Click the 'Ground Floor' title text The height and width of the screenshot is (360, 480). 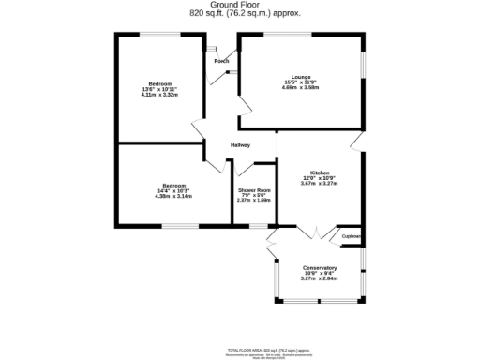click(x=239, y=5)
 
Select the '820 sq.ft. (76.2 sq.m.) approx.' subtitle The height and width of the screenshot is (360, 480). click(x=239, y=13)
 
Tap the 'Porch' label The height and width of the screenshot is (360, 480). click(x=221, y=61)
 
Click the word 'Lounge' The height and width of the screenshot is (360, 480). click(x=301, y=78)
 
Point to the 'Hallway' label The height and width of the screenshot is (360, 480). click(x=241, y=144)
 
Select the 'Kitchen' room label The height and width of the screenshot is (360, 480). click(x=320, y=172)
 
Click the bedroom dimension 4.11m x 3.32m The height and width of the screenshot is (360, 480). click(x=159, y=95)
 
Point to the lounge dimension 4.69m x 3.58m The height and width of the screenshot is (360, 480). click(x=301, y=89)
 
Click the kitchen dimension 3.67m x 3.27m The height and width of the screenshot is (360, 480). click(x=320, y=184)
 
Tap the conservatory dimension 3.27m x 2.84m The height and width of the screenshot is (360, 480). click(x=320, y=278)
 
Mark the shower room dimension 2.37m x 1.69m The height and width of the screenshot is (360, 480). click(x=253, y=201)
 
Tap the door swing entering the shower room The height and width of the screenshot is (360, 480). click(x=247, y=170)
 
